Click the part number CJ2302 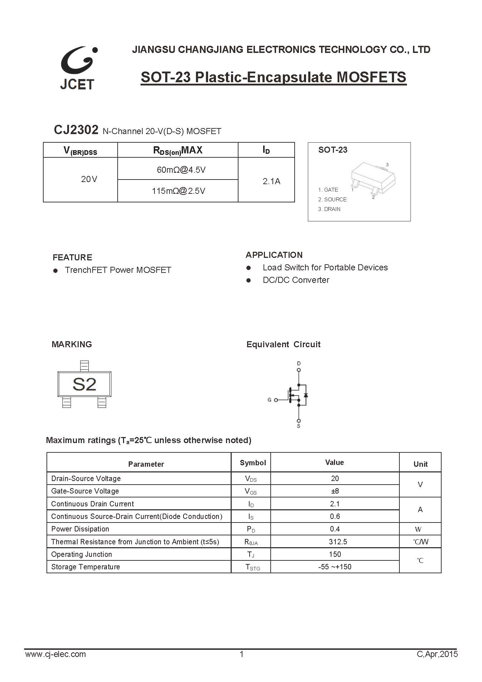pos(76,130)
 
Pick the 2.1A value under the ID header pos(271,181)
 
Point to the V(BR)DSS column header pos(80,151)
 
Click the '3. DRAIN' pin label pos(329,209)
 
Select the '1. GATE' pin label pos(328,190)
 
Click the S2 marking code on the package pos(84,384)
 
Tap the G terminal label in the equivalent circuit pos(269,400)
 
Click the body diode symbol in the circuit pos(306,395)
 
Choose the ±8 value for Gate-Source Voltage pos(335,491)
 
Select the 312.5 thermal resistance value pos(338,542)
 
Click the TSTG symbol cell pos(252,567)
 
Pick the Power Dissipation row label pos(80,529)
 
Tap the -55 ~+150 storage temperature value pos(335,567)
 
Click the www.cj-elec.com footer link pos(55,654)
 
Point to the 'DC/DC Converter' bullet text pos(296,280)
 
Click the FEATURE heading pos(72,257)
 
